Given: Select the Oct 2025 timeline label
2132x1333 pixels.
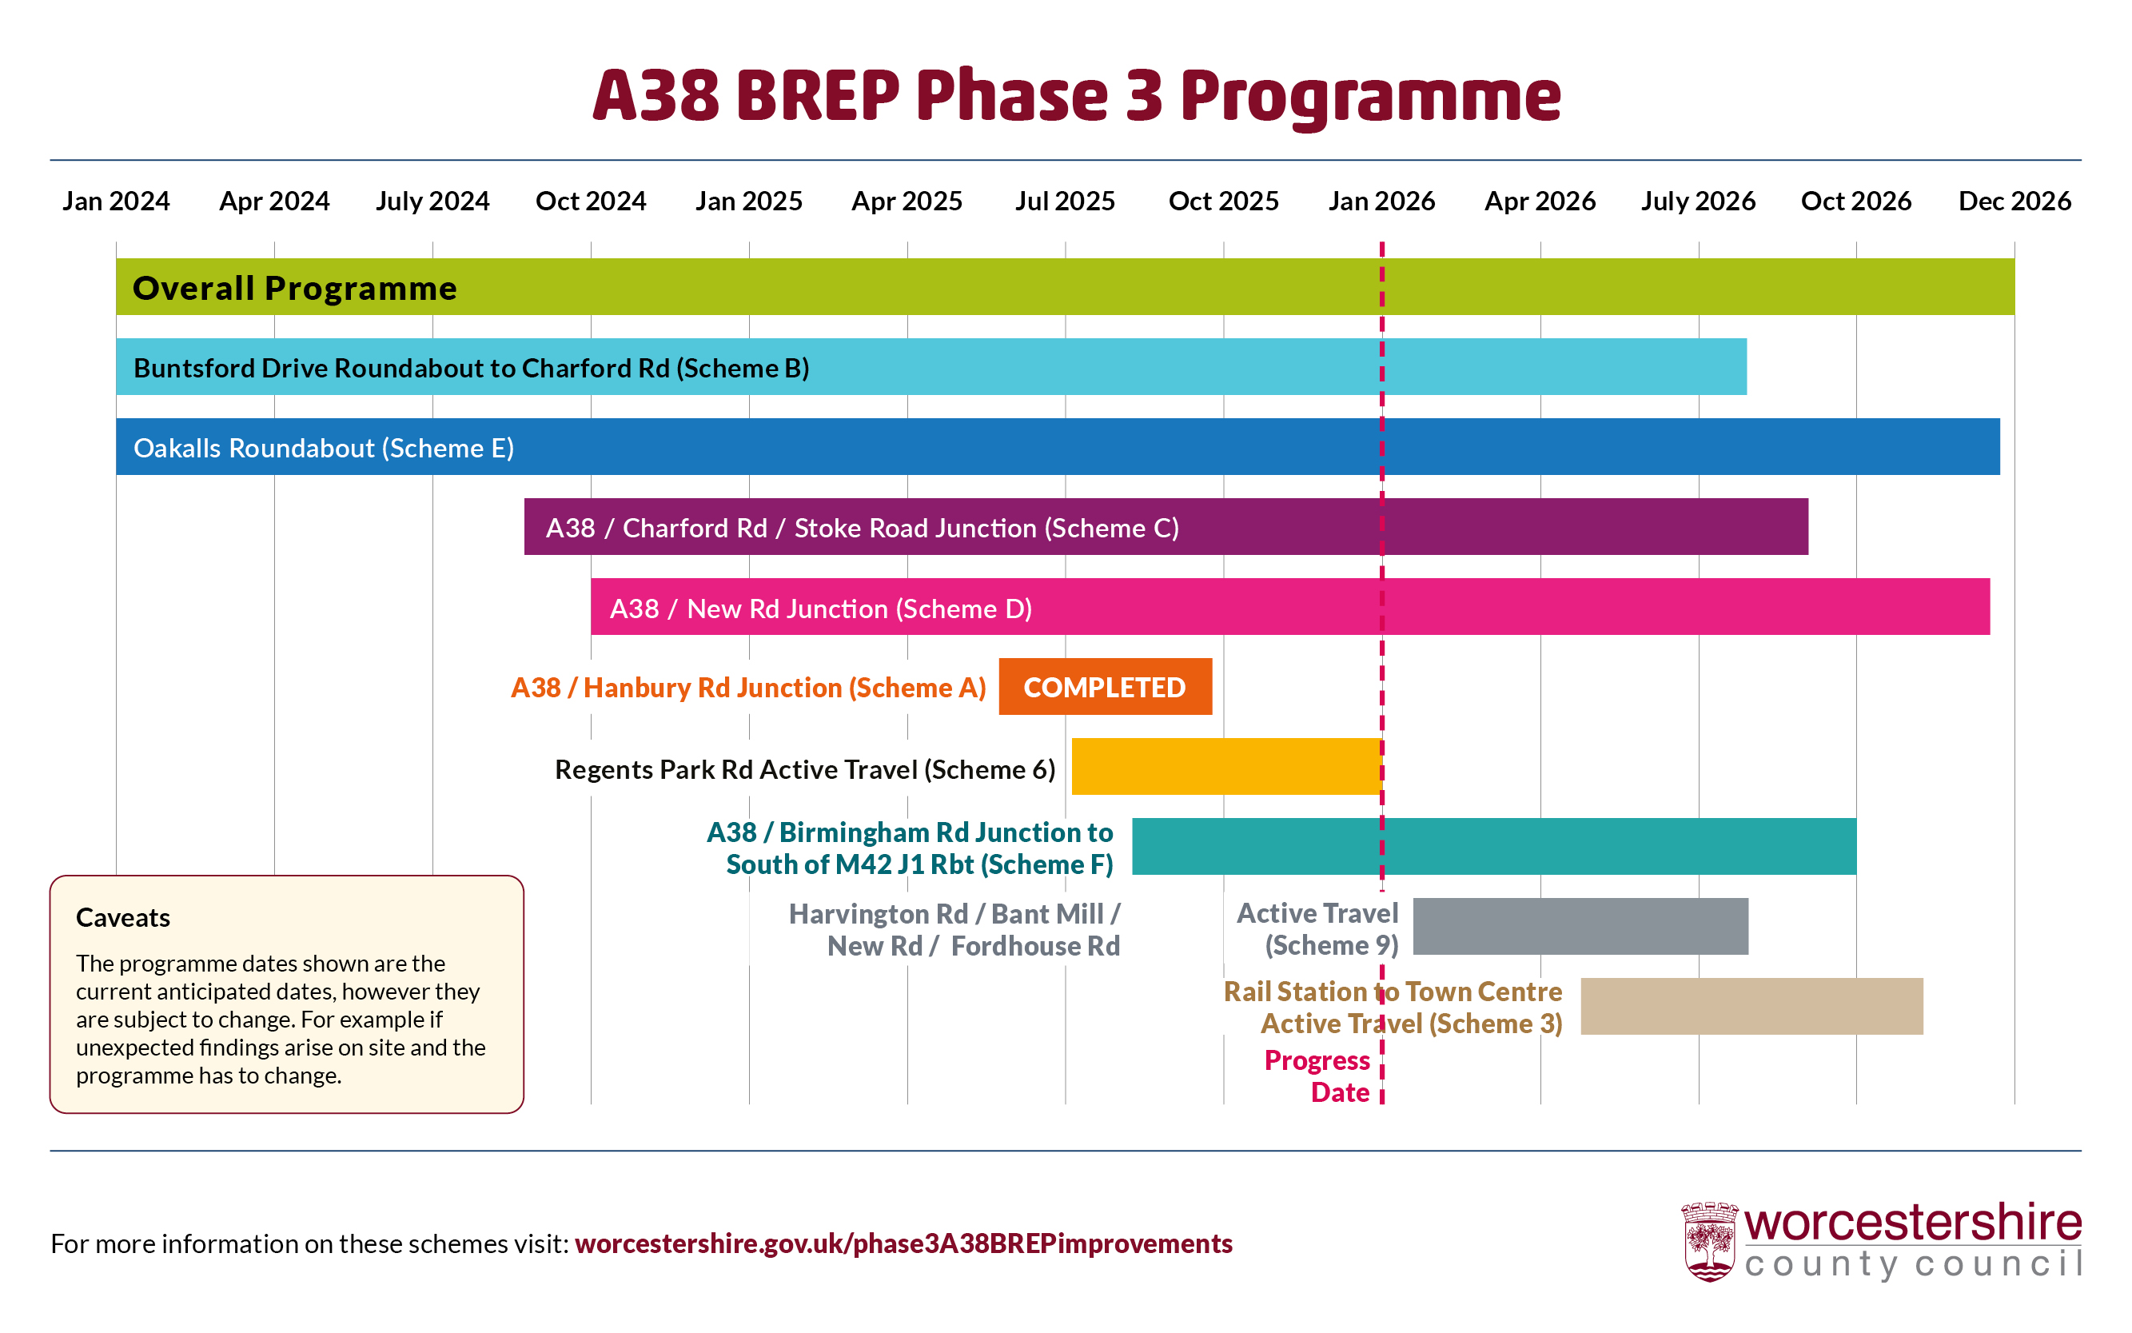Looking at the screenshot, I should [x=1222, y=201].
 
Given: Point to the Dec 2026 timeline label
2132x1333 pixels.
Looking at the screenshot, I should [x=2014, y=201].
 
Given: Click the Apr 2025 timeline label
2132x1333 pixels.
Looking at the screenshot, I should [x=906, y=201].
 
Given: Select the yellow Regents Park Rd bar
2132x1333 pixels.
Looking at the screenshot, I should [x=1225, y=766].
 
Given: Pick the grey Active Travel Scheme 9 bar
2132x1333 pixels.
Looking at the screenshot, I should [x=1580, y=926].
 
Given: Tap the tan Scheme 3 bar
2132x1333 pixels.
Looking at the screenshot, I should [x=1751, y=1006].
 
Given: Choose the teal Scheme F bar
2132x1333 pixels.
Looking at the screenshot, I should [x=1493, y=846].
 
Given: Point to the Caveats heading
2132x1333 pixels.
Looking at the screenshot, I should [x=122, y=918].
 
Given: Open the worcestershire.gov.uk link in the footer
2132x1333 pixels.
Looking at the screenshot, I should [x=903, y=1243].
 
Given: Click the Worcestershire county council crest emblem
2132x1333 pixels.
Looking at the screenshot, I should [x=1708, y=1240].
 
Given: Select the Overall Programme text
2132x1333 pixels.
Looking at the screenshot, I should [x=294, y=289].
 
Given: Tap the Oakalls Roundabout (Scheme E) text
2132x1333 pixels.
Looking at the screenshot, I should [x=324, y=448].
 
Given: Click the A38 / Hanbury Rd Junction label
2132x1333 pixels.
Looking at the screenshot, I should [x=747, y=688].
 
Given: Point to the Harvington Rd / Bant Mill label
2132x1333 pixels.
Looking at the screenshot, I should [x=954, y=929].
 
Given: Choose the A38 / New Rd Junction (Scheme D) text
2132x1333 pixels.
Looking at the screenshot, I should [x=819, y=609].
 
